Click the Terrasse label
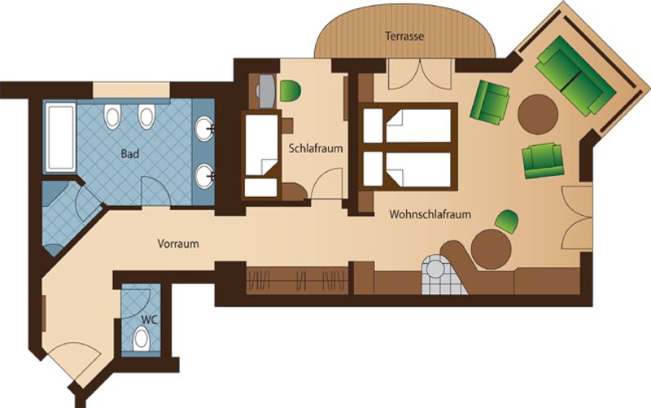coord(404,36)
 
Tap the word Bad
coord(130,154)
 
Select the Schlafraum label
coord(316,148)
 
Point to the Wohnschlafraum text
coord(430,214)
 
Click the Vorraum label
coord(178,243)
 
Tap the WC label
coord(150,320)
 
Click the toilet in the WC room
coord(141,339)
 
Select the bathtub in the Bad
coord(60,137)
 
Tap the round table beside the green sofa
coord(538,114)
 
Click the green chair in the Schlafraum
coord(291,91)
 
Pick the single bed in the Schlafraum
coord(261,156)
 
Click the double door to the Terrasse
coord(420,74)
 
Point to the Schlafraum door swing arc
coord(327,182)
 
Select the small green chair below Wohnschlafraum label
coord(507,221)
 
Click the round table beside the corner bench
coord(492,249)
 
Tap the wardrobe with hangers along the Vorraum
coord(297,280)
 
